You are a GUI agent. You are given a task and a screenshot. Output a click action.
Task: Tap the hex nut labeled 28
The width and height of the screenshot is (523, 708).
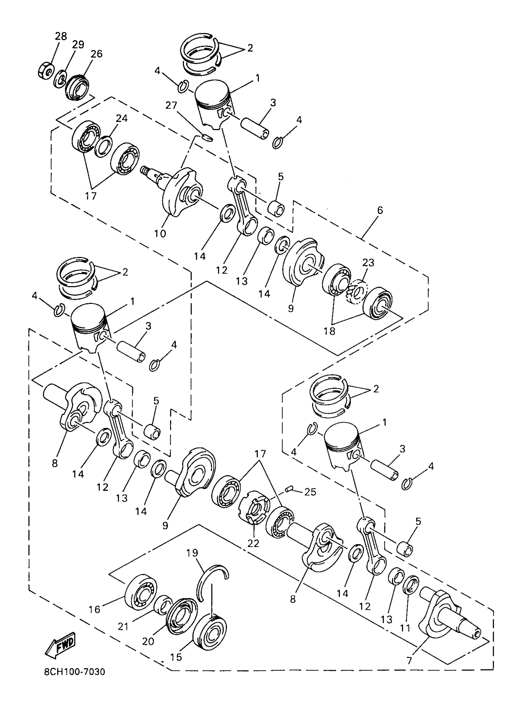coord(45,72)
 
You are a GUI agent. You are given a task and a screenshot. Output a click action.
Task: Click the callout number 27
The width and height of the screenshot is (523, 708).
coord(171,105)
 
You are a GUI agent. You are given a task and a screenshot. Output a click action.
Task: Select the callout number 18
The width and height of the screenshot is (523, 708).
coord(329,331)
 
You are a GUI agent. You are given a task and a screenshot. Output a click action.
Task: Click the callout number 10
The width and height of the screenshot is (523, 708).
coord(160,233)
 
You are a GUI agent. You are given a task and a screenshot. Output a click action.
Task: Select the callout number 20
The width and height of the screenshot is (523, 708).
coord(148,641)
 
